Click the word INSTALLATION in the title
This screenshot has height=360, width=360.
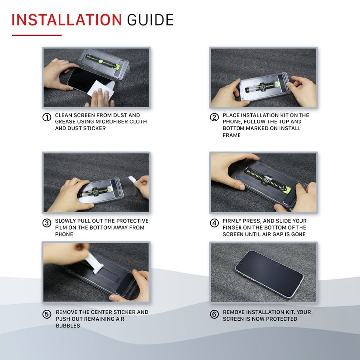coord(66,20)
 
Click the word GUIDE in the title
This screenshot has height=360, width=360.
coord(150,20)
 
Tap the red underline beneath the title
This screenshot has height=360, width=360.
coord(37,35)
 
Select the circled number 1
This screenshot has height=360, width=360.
coord(47,118)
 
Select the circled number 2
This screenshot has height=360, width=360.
coord(214,118)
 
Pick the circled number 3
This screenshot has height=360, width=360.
coord(47,223)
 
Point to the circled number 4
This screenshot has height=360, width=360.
coord(214,223)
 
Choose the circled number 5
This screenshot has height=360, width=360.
coord(47,314)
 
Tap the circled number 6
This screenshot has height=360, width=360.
coord(214,314)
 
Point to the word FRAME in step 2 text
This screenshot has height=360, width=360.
coord(232,135)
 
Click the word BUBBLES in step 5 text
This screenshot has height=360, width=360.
coord(68,326)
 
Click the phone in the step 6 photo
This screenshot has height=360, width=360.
coord(269,274)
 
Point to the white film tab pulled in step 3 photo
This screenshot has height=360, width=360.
coord(132,179)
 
